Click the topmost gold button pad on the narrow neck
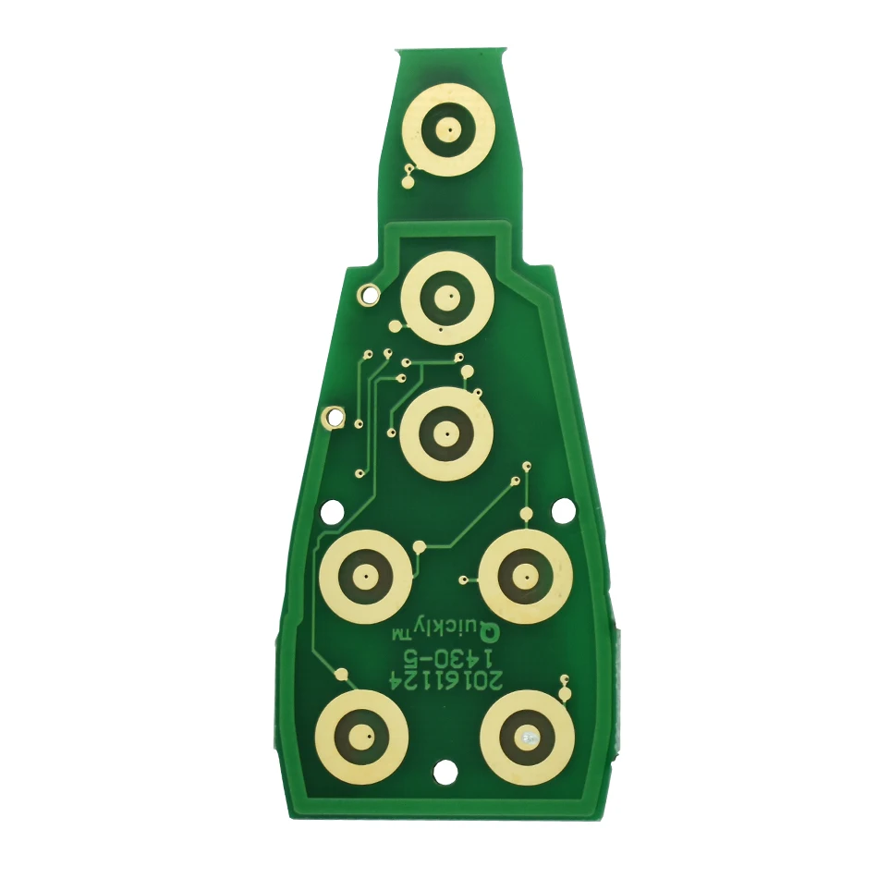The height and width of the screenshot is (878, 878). (x=448, y=130)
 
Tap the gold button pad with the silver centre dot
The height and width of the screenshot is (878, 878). (x=527, y=737)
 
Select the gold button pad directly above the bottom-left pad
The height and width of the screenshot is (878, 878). (x=366, y=576)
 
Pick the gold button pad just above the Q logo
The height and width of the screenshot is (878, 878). (x=526, y=576)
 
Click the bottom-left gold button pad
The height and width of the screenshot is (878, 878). (x=361, y=737)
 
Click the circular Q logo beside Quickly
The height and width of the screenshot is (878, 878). (x=491, y=634)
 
